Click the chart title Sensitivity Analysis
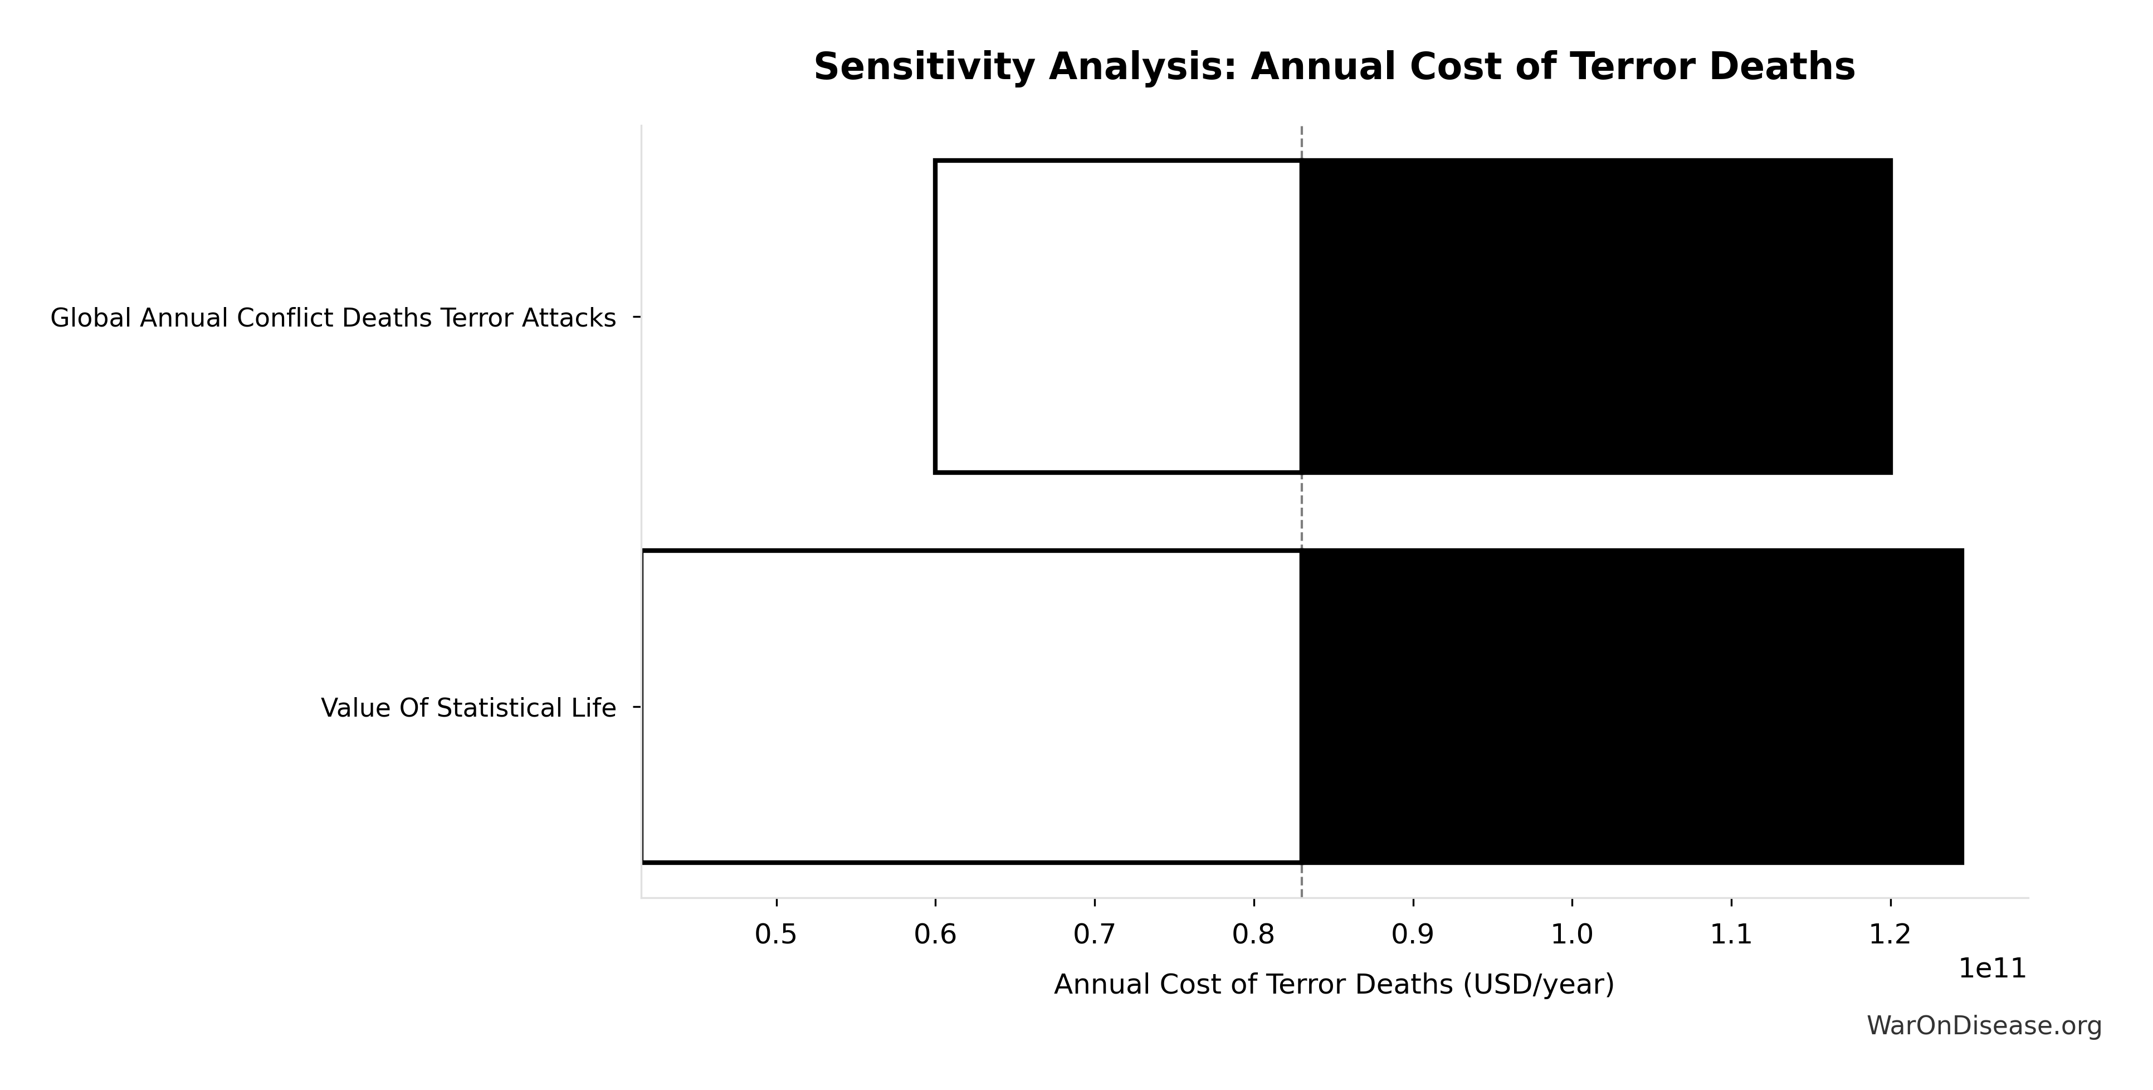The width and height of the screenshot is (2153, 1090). pos(1334,67)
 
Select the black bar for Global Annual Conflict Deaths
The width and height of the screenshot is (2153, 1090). pos(1595,317)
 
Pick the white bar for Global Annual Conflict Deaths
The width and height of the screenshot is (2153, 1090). pos(1117,317)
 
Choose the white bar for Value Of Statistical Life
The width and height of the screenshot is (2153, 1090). pos(971,707)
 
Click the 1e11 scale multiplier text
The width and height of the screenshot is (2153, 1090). pos(1993,969)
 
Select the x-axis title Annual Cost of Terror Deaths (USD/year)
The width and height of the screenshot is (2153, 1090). pos(1334,985)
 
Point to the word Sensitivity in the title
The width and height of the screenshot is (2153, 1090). pos(924,67)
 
